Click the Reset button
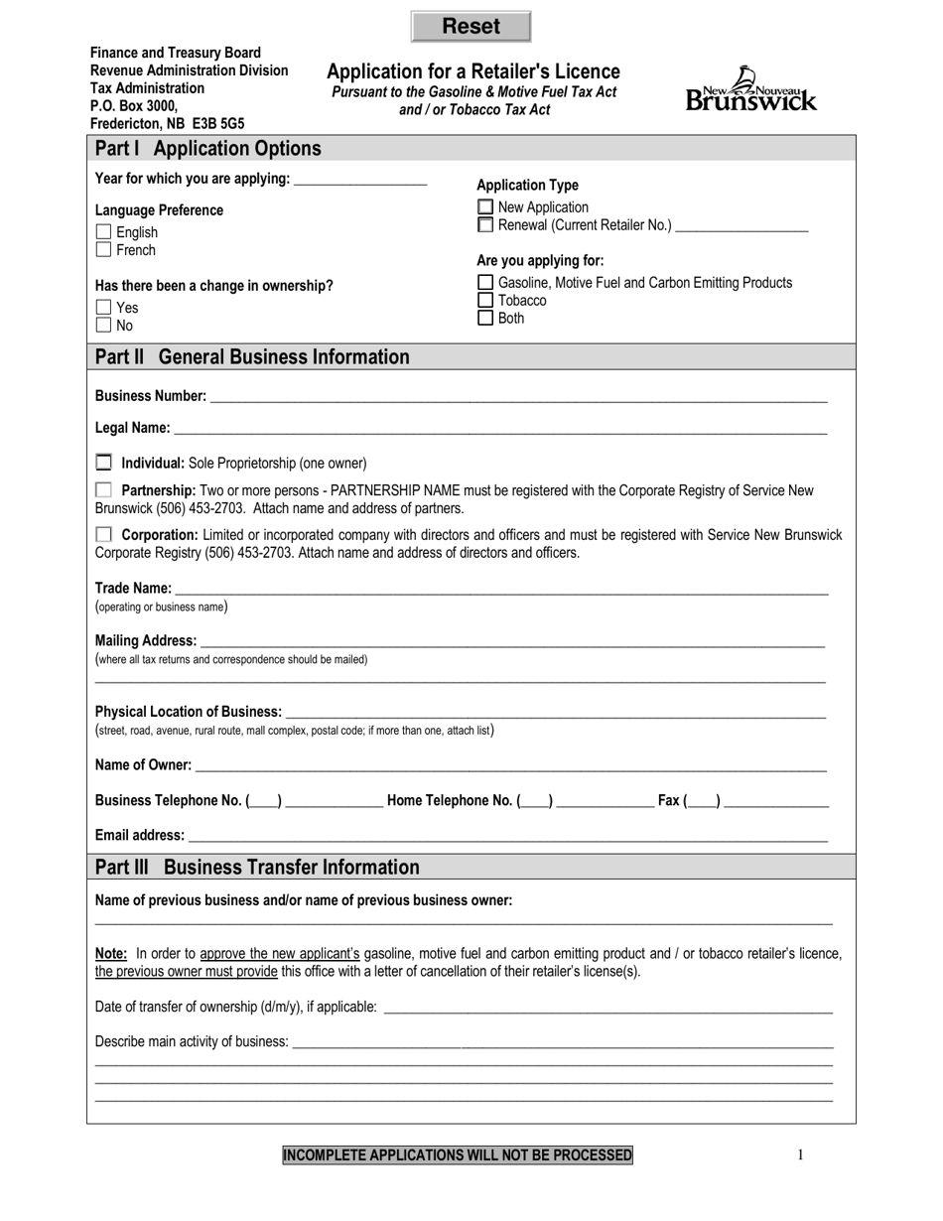[x=471, y=27]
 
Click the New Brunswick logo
[x=751, y=89]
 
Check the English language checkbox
[x=103, y=232]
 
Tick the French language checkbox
[x=103, y=250]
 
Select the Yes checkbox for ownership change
[x=103, y=308]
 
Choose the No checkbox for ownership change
[x=103, y=325]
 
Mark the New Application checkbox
[x=485, y=207]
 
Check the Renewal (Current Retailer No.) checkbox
[x=485, y=225]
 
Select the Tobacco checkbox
[x=485, y=301]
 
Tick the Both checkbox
[x=485, y=319]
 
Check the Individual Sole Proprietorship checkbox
[x=104, y=463]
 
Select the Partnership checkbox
[x=104, y=490]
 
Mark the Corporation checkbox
[x=104, y=535]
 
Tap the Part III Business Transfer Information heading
[x=257, y=867]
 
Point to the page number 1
[x=800, y=1154]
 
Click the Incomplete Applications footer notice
[x=458, y=1154]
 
